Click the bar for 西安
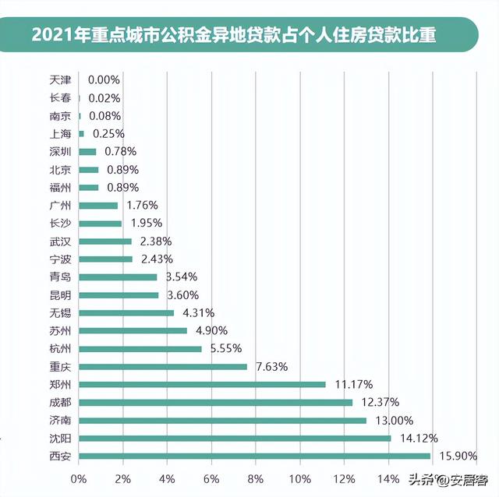click(x=254, y=456)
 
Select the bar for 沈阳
click(x=235, y=438)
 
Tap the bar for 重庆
click(x=163, y=366)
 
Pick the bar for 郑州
click(x=202, y=384)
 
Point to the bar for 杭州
click(x=140, y=348)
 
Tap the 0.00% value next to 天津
click(x=104, y=79)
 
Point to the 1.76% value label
click(x=142, y=205)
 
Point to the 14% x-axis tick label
click(x=388, y=478)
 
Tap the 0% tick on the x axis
click(x=79, y=478)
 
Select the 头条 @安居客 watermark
click(x=455, y=479)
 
